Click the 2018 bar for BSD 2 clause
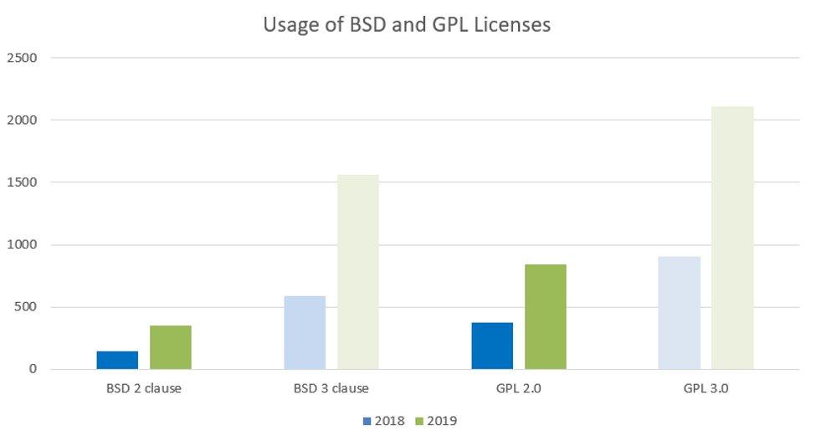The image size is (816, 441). (x=117, y=360)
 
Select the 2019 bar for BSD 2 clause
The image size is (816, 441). (x=171, y=347)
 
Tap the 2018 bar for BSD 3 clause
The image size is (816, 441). (x=305, y=332)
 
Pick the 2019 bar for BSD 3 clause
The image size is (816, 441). (x=358, y=272)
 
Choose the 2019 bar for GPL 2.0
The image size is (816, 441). (x=546, y=316)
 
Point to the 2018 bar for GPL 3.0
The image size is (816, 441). (x=679, y=312)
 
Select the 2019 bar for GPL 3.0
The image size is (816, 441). (x=732, y=238)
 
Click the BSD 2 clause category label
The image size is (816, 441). (x=144, y=388)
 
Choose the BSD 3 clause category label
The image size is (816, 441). (x=331, y=388)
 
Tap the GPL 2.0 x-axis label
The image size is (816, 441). (x=519, y=388)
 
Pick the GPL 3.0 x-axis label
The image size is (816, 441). (x=706, y=388)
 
